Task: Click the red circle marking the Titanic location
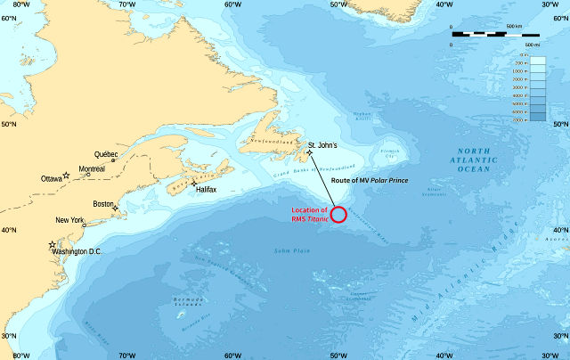[x=338, y=215]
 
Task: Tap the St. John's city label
[x=323, y=144]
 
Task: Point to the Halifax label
[x=207, y=189]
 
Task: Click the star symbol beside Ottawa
[x=66, y=176]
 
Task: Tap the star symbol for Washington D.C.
[x=52, y=244]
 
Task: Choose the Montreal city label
[x=92, y=169]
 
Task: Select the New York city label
[x=69, y=220]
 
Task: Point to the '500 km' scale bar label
[x=514, y=27]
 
